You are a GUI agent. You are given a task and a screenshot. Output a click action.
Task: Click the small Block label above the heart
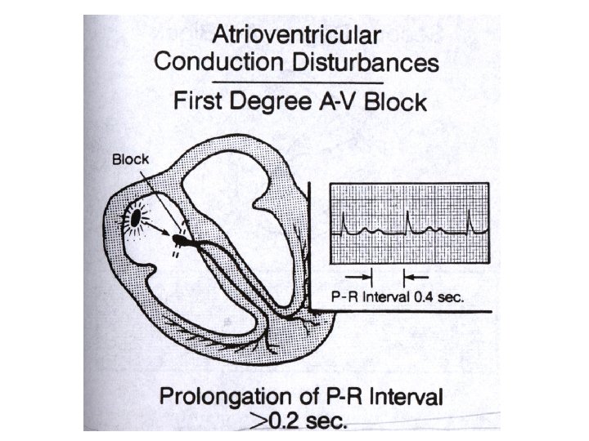click(x=130, y=159)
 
